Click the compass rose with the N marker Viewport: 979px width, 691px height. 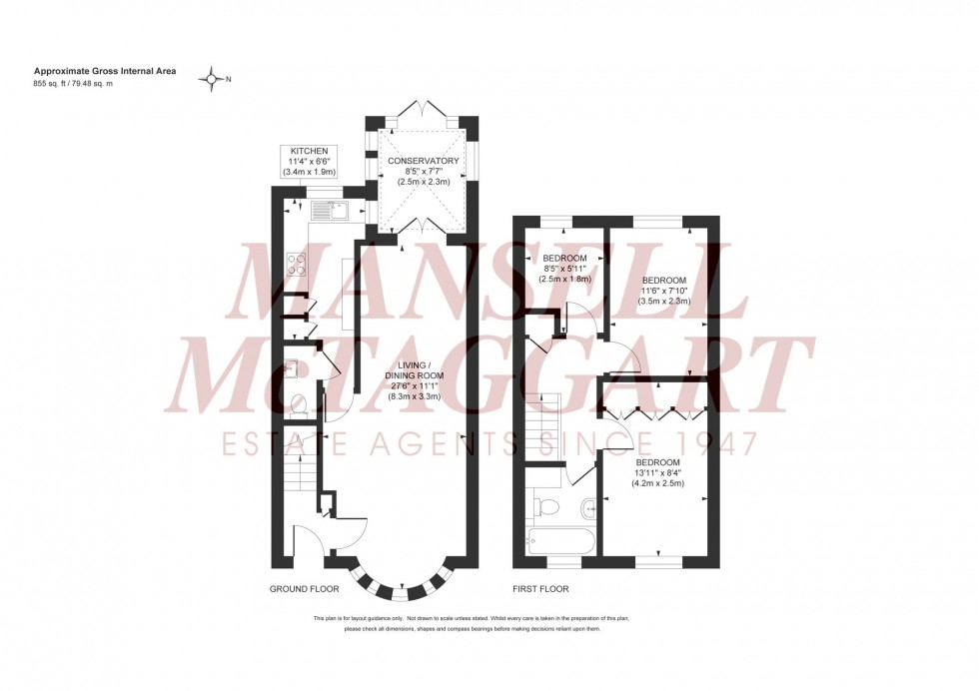click(x=212, y=79)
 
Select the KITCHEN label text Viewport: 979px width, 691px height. click(x=309, y=150)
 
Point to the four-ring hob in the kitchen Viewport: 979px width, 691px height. click(x=298, y=264)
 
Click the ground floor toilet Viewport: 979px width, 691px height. click(x=298, y=404)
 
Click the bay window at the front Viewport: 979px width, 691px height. click(x=399, y=580)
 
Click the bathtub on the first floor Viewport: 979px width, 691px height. click(x=559, y=543)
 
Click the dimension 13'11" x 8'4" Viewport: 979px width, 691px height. click(x=656, y=473)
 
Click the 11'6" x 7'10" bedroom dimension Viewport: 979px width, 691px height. click(x=663, y=291)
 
